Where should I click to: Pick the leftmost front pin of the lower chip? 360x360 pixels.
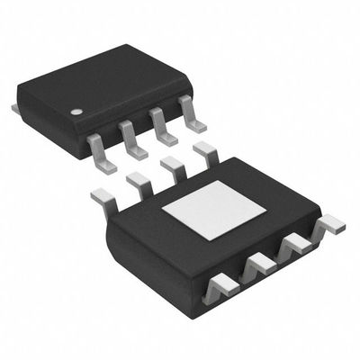click(x=221, y=287)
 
